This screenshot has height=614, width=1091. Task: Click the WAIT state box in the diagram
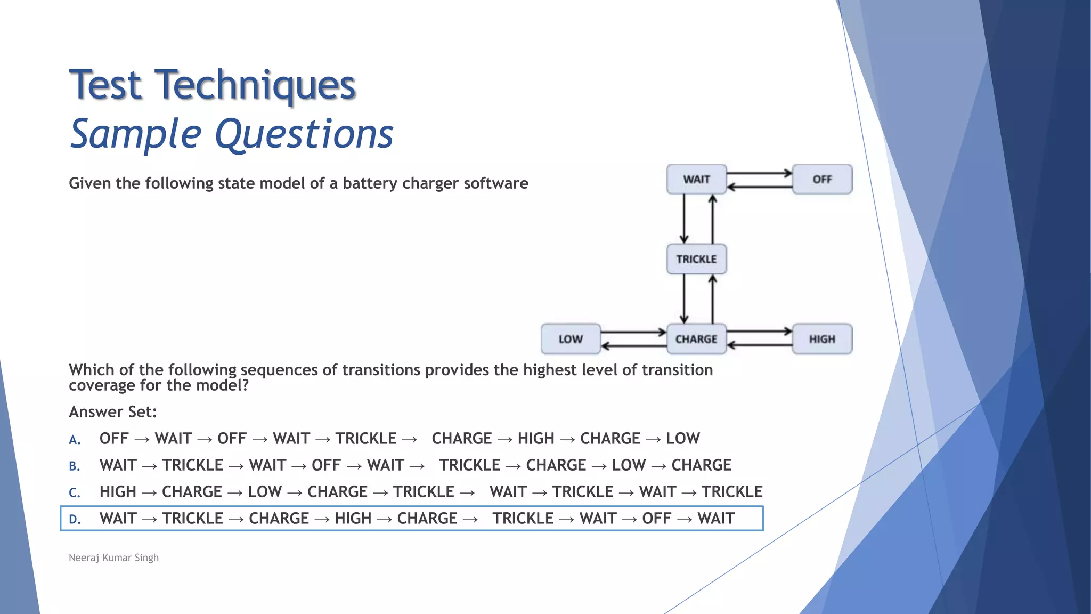[696, 180]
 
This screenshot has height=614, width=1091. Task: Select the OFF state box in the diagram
[822, 180]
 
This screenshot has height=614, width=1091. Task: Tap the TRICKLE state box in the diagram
[696, 259]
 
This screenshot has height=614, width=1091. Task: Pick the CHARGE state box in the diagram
[696, 339]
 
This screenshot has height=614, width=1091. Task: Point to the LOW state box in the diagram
[571, 339]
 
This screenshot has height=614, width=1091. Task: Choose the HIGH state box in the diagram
[822, 339]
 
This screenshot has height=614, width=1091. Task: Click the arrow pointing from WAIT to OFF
[759, 173]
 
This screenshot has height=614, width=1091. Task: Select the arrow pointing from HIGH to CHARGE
[759, 345]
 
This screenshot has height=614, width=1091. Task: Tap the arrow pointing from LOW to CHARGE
[633, 333]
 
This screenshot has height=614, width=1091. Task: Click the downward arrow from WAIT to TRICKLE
[684, 219]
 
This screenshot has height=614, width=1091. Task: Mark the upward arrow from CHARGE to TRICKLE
[713, 298]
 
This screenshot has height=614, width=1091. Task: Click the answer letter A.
[75, 440]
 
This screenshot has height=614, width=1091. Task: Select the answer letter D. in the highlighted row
[75, 519]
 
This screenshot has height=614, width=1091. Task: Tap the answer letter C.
[75, 492]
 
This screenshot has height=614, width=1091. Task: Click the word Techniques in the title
[255, 85]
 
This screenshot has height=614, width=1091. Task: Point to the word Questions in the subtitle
[304, 134]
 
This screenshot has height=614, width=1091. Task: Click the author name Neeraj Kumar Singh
[113, 558]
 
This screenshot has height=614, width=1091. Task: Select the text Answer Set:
[113, 411]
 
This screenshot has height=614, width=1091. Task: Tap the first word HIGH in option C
[118, 491]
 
